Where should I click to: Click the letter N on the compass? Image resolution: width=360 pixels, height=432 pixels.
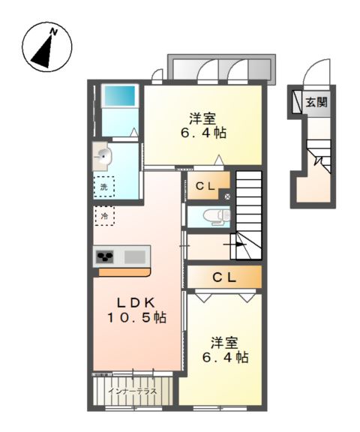[54, 32]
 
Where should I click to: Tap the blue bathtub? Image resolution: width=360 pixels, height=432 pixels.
[119, 95]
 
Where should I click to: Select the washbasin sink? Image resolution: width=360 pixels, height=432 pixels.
[103, 157]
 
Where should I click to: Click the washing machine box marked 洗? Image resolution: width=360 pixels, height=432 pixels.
[103, 187]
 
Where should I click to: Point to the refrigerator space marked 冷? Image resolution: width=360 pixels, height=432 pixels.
[104, 216]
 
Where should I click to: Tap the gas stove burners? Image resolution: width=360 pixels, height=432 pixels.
[105, 256]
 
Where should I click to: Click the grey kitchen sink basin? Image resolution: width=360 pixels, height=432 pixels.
[135, 257]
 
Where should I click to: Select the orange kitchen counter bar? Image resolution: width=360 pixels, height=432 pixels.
[124, 272]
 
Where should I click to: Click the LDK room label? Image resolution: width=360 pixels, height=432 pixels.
[136, 303]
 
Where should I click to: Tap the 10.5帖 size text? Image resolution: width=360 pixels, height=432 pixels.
[136, 318]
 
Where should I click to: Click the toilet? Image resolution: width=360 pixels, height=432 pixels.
[217, 217]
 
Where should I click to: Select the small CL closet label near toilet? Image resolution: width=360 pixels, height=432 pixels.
[205, 187]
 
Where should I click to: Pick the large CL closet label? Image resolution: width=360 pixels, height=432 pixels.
[224, 277]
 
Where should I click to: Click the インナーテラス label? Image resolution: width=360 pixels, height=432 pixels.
[132, 391]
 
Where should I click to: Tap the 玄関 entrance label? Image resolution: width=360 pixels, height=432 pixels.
[316, 103]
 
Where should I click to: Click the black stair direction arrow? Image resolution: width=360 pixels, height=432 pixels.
[235, 244]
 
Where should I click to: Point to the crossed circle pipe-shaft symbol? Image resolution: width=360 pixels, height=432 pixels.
[227, 196]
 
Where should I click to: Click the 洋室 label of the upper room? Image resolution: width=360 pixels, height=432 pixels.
[202, 119]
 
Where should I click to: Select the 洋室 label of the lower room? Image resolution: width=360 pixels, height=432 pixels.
[224, 343]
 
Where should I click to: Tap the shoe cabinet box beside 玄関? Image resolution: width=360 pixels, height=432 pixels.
[297, 102]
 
